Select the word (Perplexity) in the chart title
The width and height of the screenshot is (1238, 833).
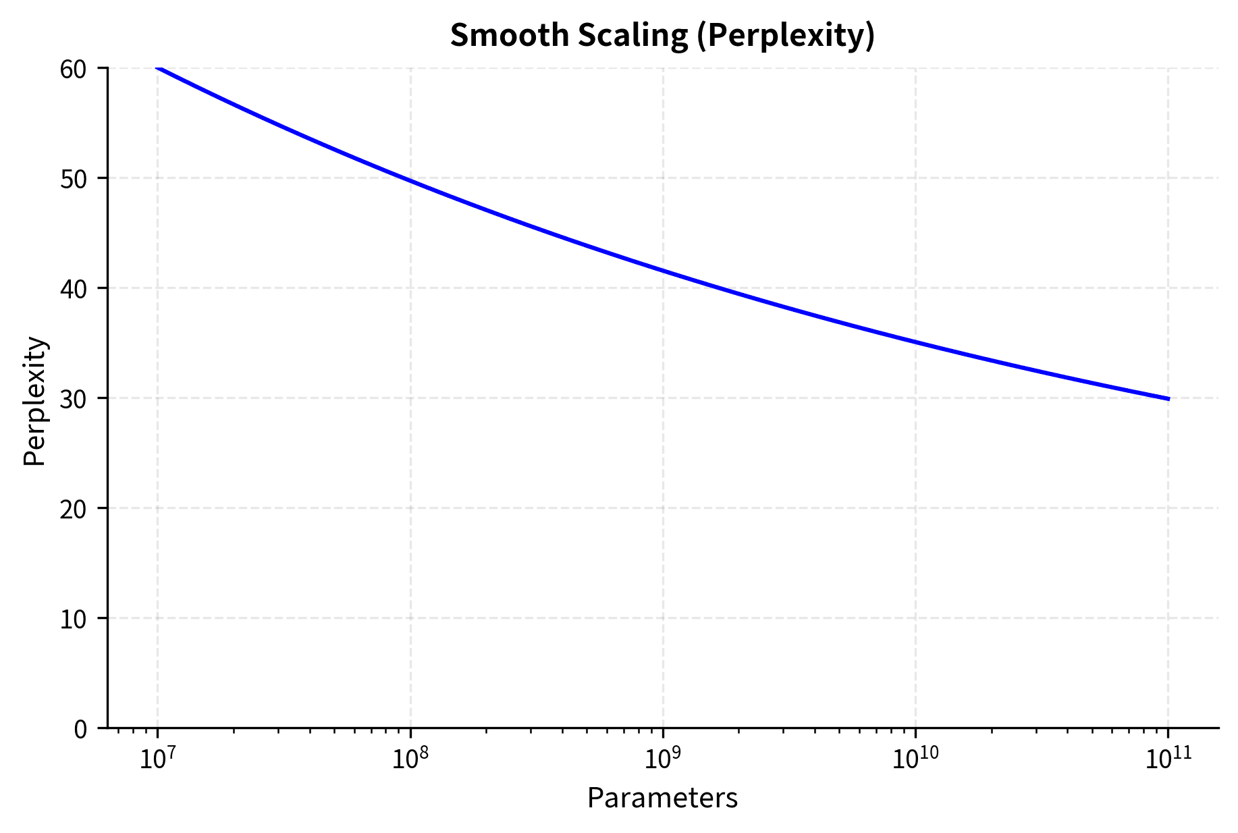785,36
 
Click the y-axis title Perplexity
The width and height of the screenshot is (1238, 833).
35,401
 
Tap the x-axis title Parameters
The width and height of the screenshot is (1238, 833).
662,798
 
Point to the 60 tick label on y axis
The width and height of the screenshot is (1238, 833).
74,69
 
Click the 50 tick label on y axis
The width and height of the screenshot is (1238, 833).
74,179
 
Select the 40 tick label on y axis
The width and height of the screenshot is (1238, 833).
74,289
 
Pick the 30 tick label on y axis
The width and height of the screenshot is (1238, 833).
74,399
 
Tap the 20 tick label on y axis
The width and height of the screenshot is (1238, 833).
74,509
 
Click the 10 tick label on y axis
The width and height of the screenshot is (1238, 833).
74,619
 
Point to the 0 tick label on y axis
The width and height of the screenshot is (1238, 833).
80,729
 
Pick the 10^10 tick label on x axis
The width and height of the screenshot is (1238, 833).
915,759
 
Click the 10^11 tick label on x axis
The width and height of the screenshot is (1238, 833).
1168,759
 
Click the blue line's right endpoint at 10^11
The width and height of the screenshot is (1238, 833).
1168,399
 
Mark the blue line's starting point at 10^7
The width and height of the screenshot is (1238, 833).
159,68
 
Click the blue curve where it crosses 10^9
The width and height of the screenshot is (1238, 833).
663,271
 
